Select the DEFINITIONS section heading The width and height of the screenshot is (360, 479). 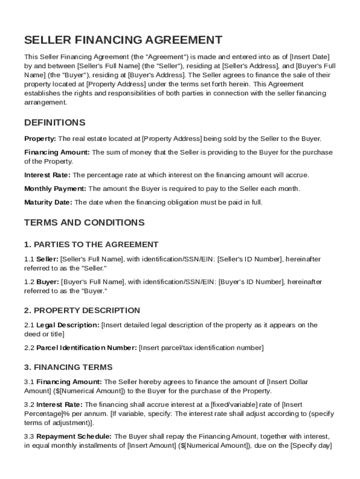(x=55, y=123)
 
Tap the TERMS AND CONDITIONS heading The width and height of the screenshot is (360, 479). (x=84, y=222)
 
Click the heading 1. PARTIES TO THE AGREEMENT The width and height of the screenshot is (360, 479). (x=91, y=244)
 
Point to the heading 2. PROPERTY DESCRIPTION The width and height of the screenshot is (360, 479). (x=82, y=310)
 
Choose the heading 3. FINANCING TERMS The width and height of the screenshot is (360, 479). (x=68, y=367)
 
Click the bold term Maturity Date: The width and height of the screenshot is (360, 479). (x=48, y=203)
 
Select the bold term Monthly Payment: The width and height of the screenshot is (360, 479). (x=55, y=189)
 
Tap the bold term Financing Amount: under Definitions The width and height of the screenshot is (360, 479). (x=57, y=152)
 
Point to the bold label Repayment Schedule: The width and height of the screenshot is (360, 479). (x=74, y=436)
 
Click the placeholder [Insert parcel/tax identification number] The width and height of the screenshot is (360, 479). (x=202, y=348)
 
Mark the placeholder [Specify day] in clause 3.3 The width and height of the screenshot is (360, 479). (x=311, y=446)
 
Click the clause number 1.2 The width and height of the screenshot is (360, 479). (x=29, y=282)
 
